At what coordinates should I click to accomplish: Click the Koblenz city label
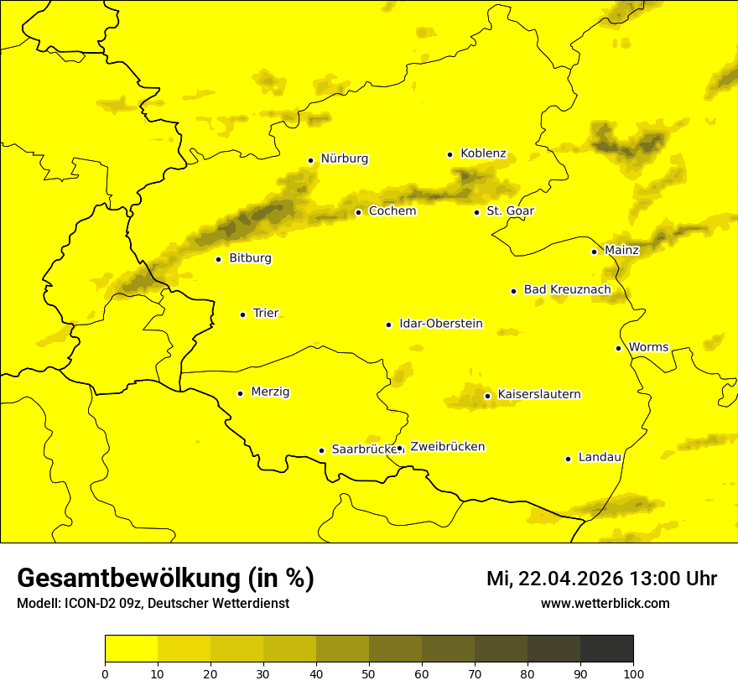[x=483, y=153]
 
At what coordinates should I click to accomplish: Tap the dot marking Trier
[x=242, y=314]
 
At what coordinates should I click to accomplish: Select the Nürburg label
[x=344, y=158]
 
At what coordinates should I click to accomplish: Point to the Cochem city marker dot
[x=358, y=212]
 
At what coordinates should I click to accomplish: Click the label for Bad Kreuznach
[x=567, y=289]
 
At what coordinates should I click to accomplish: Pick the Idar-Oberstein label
[x=440, y=323]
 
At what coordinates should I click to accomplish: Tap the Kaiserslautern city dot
[x=487, y=396]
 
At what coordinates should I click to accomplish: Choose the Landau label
[x=599, y=457]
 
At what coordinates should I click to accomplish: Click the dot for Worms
[x=618, y=348]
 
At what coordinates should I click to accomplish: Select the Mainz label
[x=621, y=250]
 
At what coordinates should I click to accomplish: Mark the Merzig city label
[x=270, y=392]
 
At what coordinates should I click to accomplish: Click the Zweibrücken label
[x=447, y=447]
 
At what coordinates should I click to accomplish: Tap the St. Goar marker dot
[x=476, y=212]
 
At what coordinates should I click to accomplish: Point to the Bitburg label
[x=250, y=258]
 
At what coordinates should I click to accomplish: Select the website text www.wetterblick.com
[x=605, y=604]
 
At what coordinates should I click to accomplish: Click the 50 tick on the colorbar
[x=369, y=673]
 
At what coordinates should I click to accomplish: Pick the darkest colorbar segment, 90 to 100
[x=606, y=648]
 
